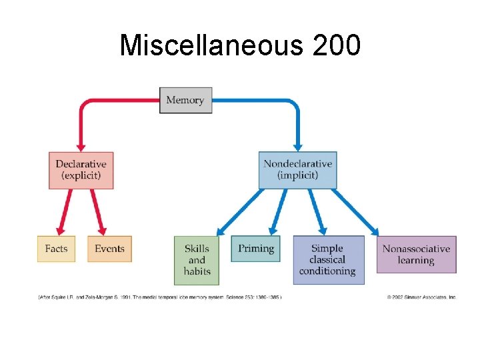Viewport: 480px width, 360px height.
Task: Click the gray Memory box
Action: pyautogui.click(x=185, y=100)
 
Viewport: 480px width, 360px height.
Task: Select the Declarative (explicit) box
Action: pyautogui.click(x=81, y=170)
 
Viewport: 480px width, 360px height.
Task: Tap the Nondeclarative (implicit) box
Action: pyautogui.click(x=297, y=170)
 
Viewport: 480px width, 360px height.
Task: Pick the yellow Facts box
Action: pyautogui.click(x=56, y=249)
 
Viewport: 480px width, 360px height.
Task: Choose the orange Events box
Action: pyautogui.click(x=109, y=249)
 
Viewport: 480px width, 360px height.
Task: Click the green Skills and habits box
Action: pyautogui.click(x=197, y=260)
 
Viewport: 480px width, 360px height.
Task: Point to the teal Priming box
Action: pyautogui.click(x=256, y=249)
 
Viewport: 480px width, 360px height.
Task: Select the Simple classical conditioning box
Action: pyautogui.click(x=327, y=260)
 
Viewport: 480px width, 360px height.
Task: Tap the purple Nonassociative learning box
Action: pyautogui.click(x=416, y=254)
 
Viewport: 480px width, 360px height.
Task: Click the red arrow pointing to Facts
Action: pyautogui.click(x=65, y=212)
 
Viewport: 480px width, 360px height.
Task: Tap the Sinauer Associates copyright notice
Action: pyautogui.click(x=421, y=297)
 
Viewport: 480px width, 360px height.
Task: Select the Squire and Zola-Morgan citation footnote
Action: pyautogui.click(x=160, y=297)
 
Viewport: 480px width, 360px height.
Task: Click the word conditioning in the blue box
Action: pyautogui.click(x=327, y=271)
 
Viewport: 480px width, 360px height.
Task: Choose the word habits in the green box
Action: pyautogui.click(x=197, y=271)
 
